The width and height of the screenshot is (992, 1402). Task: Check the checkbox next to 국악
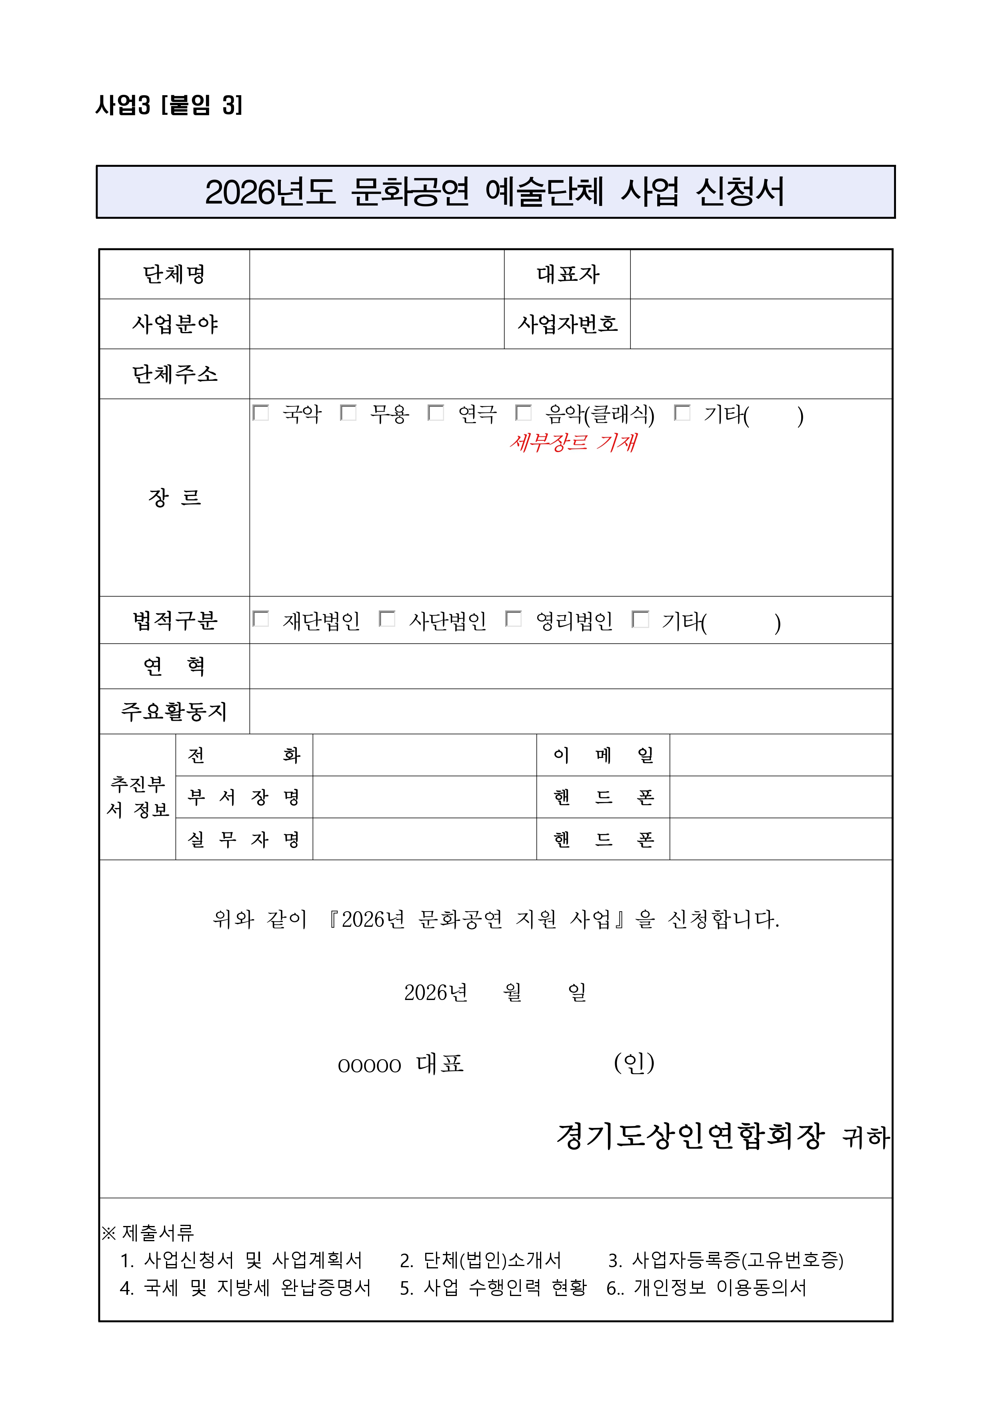click(x=261, y=413)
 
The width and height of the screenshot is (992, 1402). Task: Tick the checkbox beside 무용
click(x=348, y=413)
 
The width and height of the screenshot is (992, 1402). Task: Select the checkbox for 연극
click(x=436, y=413)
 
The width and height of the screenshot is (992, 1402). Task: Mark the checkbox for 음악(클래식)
click(x=524, y=413)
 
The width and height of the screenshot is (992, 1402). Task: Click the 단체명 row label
click(x=174, y=274)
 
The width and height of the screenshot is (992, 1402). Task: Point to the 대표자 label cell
click(x=568, y=274)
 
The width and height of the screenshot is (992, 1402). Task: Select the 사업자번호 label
click(x=568, y=324)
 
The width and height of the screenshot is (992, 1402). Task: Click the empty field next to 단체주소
click(x=570, y=374)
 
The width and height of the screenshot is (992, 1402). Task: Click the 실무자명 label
click(x=244, y=839)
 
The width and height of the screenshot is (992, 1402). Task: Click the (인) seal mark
click(x=634, y=1063)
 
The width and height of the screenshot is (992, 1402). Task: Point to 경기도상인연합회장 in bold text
click(x=690, y=1136)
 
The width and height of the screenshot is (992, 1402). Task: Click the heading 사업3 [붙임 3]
click(x=169, y=105)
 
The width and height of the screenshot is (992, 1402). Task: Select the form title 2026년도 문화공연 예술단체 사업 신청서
click(x=495, y=192)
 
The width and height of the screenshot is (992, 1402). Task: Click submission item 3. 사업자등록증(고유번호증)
click(x=726, y=1260)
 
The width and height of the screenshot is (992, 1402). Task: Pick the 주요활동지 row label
click(x=174, y=712)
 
